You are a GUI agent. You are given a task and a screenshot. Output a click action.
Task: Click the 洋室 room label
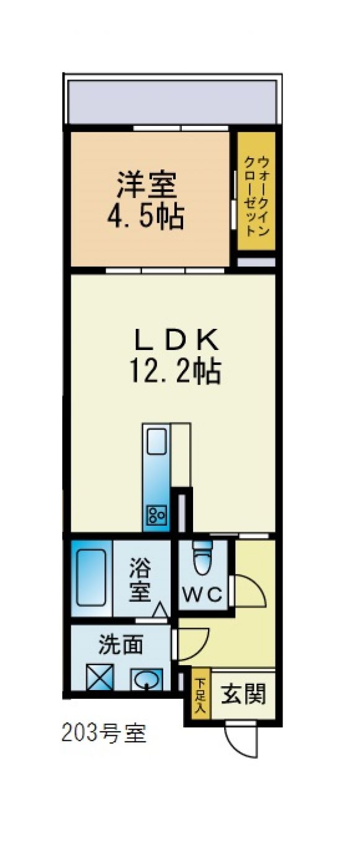(146, 185)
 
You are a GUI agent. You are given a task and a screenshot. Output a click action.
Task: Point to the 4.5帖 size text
(146, 217)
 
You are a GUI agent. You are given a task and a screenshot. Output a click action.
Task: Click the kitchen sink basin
(156, 441)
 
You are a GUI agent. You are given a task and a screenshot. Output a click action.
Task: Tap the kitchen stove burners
(157, 516)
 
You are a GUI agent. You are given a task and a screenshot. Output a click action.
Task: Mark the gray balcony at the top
(172, 102)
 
